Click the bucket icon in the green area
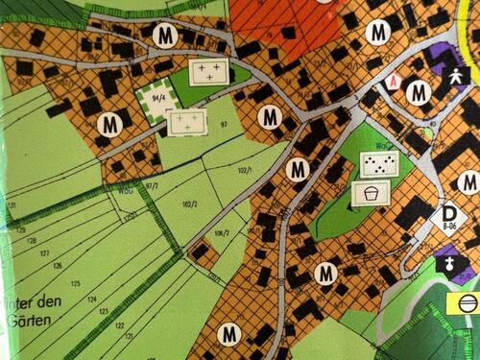[367, 194]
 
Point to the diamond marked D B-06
[448, 216]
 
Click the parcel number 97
[224, 125]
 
